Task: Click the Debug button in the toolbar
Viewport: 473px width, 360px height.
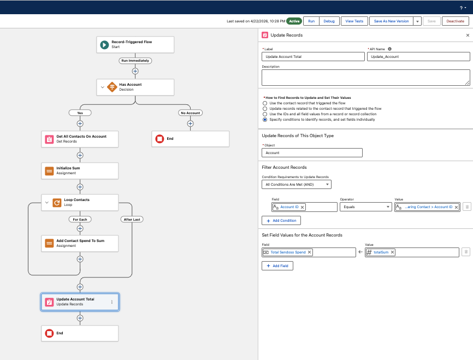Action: point(329,21)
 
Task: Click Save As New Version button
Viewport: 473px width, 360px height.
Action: point(391,21)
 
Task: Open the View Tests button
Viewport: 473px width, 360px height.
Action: point(354,21)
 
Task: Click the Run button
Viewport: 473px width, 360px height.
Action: point(311,21)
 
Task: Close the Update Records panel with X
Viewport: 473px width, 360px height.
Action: point(468,36)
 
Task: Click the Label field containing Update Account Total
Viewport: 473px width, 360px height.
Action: point(313,57)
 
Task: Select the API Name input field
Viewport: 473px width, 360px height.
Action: point(418,57)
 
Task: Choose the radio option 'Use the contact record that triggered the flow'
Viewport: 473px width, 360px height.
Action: point(265,103)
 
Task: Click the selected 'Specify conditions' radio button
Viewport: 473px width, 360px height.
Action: point(265,120)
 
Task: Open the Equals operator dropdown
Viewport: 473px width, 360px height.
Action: point(365,207)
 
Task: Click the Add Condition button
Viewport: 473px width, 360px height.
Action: point(281,221)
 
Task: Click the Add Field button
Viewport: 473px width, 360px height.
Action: point(277,266)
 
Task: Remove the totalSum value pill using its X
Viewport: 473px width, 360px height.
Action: point(393,252)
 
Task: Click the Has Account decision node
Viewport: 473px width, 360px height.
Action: point(135,87)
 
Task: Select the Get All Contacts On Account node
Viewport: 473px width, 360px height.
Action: point(80,139)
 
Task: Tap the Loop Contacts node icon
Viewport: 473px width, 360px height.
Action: point(57,203)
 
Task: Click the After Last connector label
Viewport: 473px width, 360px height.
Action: point(132,220)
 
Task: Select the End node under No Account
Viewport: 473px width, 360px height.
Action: point(190,139)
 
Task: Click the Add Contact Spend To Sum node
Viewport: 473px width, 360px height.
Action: point(80,243)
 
